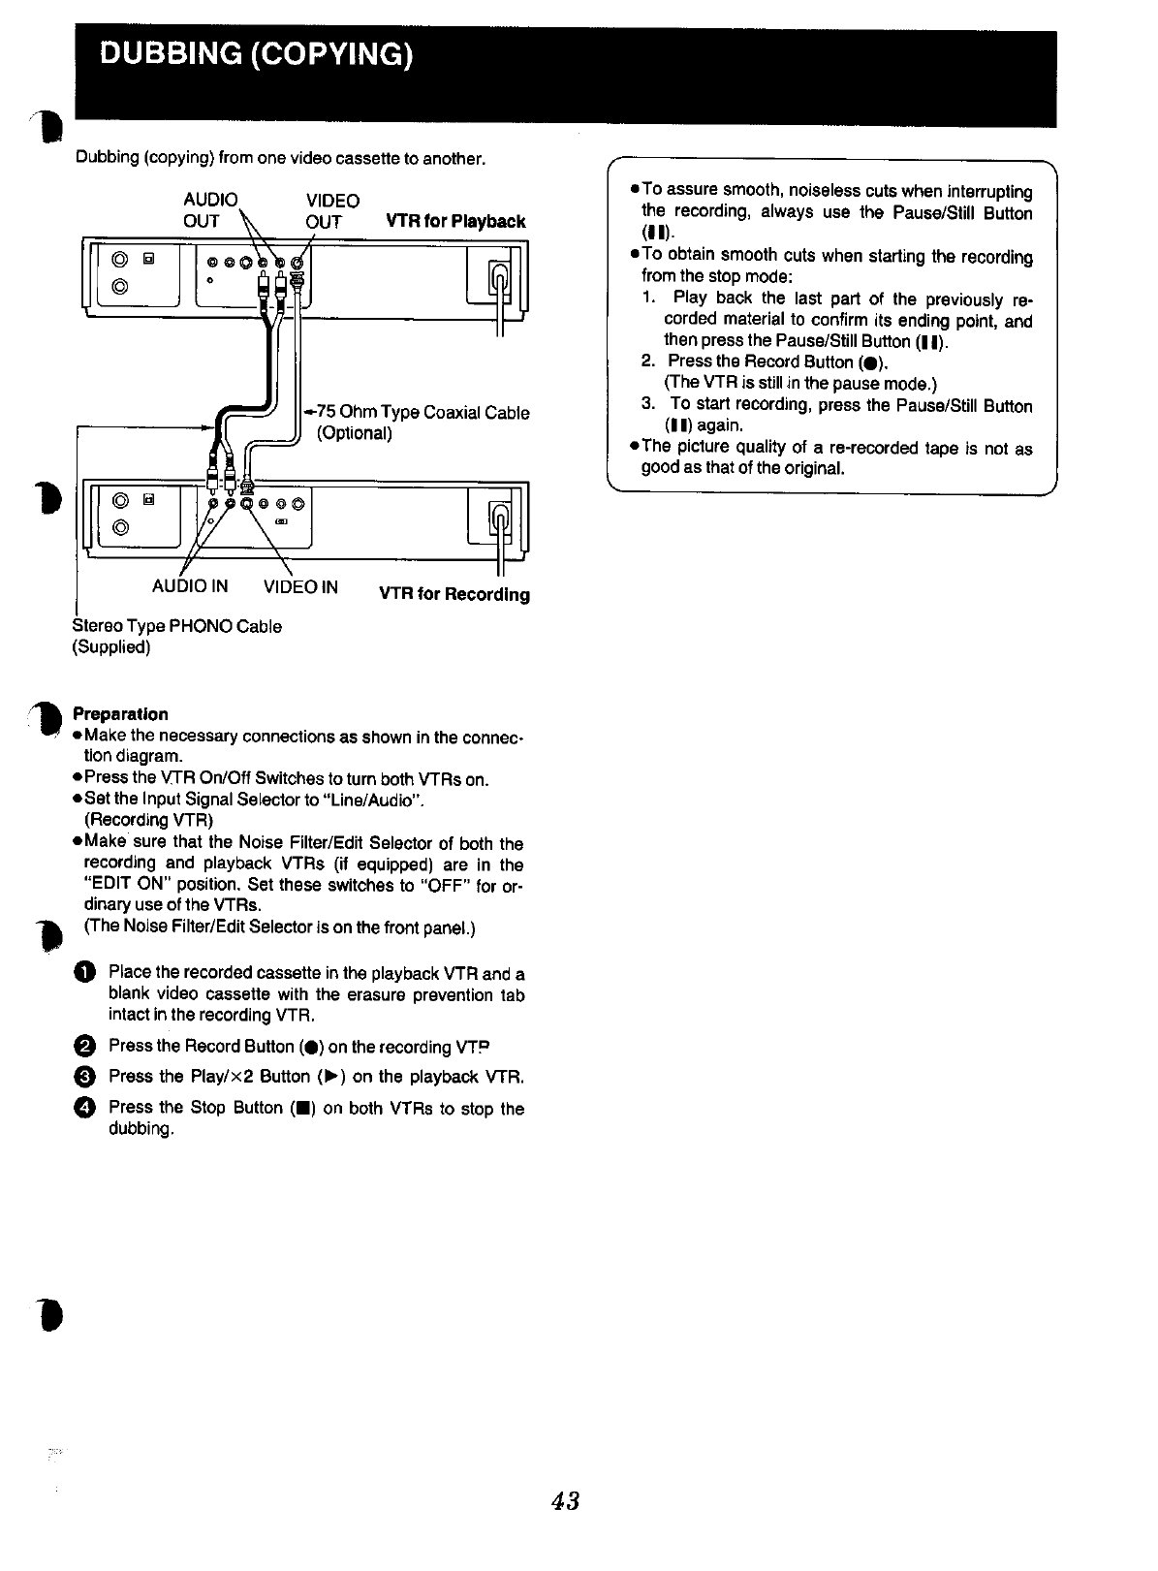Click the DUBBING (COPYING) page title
(257, 54)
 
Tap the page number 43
(565, 1501)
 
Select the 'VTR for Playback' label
(455, 222)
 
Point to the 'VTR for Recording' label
(454, 594)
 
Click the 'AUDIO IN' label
(190, 586)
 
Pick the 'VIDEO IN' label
(300, 586)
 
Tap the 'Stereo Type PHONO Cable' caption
(177, 626)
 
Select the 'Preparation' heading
(120, 714)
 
